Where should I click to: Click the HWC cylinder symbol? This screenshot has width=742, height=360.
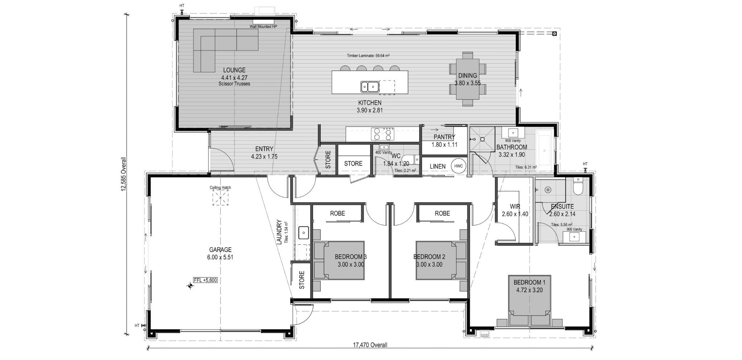(x=458, y=166)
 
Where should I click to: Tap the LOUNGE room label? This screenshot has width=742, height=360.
(x=234, y=70)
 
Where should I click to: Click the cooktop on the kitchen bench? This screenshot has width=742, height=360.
(x=382, y=134)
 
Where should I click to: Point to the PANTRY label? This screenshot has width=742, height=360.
(x=444, y=137)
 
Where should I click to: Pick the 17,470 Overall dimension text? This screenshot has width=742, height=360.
(x=370, y=345)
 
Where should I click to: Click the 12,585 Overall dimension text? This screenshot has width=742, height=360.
(x=124, y=174)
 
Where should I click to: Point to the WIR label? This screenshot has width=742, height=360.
(x=515, y=207)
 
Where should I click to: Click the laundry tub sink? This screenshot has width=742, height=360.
(x=303, y=233)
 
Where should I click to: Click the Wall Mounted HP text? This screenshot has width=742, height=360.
(x=263, y=27)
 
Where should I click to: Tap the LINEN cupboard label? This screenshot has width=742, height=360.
(x=438, y=166)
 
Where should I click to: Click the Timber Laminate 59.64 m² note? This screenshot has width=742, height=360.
(x=368, y=56)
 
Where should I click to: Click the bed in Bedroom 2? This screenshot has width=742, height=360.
(x=441, y=260)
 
